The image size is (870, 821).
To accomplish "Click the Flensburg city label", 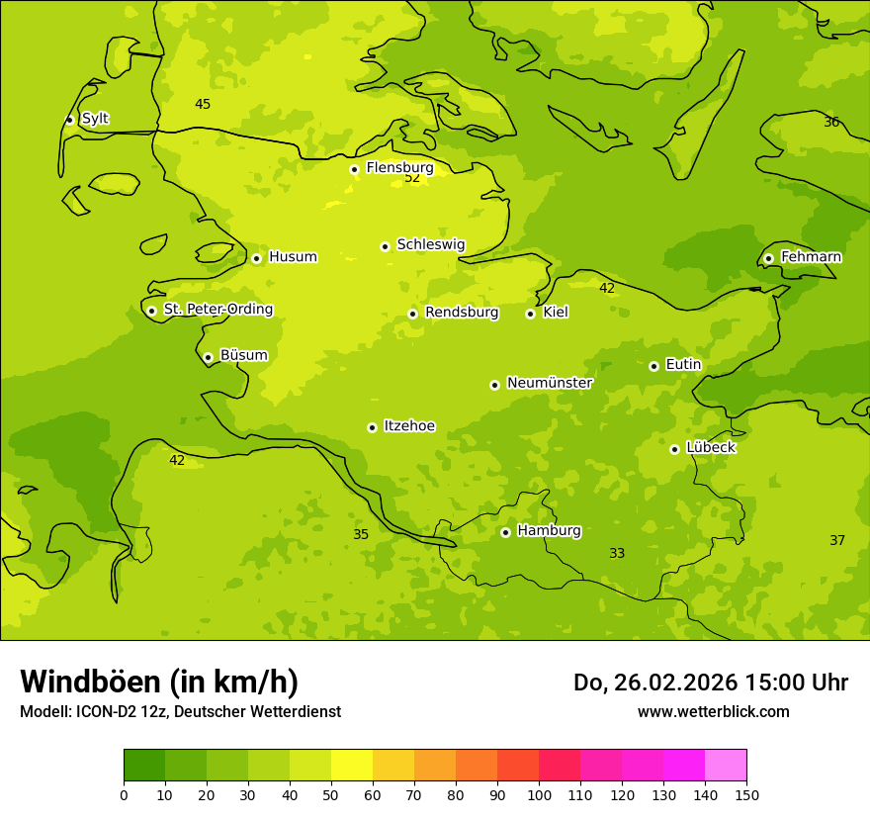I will point(399,168).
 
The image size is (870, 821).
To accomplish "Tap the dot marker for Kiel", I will point(530,314).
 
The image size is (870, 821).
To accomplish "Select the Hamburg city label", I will point(549,530).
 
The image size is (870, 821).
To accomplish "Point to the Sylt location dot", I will point(69,120).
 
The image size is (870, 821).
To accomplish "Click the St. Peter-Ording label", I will point(217,310).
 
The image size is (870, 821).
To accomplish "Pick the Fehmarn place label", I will point(811,257).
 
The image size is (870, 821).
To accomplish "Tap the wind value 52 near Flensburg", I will point(412,178).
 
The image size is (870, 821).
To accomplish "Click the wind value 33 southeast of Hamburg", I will point(617,554).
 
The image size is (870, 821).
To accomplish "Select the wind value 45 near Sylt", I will point(203,105).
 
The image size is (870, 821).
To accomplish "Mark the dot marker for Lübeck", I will point(674,449).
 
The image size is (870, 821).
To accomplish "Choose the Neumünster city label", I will point(550,383).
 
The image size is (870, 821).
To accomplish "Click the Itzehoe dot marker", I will point(372,427).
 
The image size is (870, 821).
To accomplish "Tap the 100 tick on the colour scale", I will point(539,794).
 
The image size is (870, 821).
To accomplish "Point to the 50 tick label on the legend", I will point(331,794).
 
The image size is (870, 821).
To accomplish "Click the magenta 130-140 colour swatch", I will point(683,766).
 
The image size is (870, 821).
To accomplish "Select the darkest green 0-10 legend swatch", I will point(144,766).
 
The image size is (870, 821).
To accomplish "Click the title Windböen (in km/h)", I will point(159,682).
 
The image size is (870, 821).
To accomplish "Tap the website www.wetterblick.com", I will point(713,711).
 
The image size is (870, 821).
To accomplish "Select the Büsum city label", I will point(243,355).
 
